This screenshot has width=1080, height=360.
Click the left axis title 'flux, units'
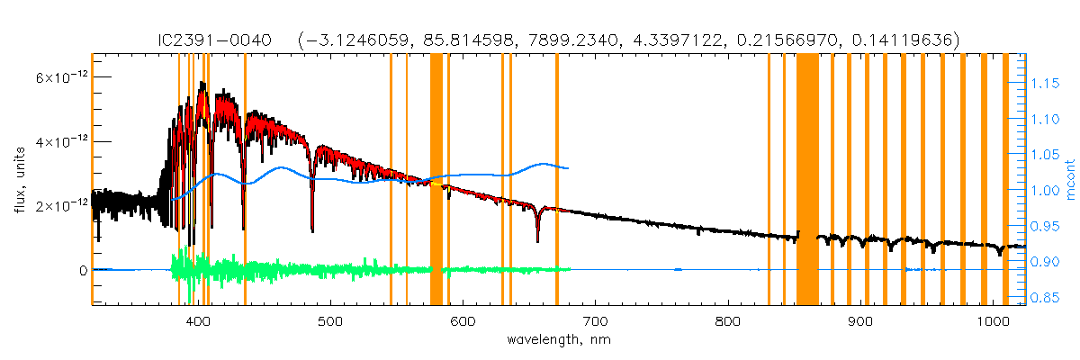pyautogui.click(x=19, y=180)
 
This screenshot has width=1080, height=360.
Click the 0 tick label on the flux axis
pyautogui.click(x=82, y=270)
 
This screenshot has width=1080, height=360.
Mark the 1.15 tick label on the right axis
pyautogui.click(x=1046, y=84)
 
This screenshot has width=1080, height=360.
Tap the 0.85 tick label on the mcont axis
pyautogui.click(x=1046, y=298)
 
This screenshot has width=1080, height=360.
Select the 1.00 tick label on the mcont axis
pyautogui.click(x=1046, y=191)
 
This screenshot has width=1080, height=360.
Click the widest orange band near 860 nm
pyautogui.click(x=807, y=180)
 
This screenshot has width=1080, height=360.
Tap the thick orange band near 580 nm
pyautogui.click(x=436, y=180)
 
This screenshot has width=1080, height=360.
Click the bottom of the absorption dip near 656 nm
pyautogui.click(x=537, y=241)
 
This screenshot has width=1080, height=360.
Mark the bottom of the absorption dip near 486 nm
pyautogui.click(x=312, y=231)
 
